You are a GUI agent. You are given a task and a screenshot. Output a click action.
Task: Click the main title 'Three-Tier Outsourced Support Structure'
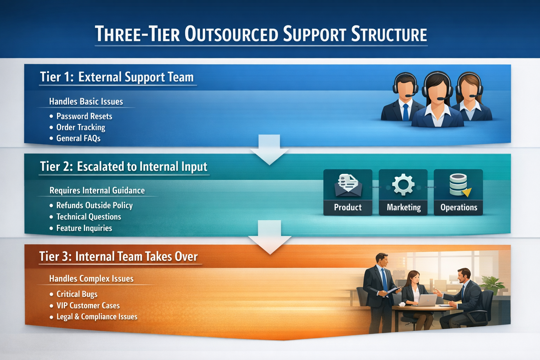(x=261, y=34)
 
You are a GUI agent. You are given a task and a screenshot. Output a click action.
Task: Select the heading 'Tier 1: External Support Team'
(x=117, y=77)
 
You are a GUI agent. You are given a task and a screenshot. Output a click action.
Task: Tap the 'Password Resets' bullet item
(x=84, y=116)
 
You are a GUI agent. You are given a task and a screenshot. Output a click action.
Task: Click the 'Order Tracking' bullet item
(x=81, y=127)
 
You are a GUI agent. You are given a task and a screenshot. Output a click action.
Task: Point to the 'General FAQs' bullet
(x=78, y=139)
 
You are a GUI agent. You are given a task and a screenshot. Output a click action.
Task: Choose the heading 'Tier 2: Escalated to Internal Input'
(x=124, y=167)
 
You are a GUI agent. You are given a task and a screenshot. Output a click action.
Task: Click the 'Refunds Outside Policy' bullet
(x=94, y=205)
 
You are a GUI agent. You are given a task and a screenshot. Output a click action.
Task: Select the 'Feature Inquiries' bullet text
(x=84, y=228)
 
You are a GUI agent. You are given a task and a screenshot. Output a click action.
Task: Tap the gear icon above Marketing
(x=403, y=185)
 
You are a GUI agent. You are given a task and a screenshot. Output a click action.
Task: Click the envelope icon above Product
(x=348, y=185)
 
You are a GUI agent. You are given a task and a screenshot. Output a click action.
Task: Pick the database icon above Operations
(x=459, y=185)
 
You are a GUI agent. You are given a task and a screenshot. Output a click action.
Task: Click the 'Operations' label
(x=458, y=207)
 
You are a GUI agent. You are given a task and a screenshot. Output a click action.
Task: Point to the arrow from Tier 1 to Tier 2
(x=269, y=149)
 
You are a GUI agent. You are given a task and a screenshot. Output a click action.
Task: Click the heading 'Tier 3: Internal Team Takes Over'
(x=118, y=257)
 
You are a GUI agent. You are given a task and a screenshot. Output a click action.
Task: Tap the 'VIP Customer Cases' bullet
(x=88, y=306)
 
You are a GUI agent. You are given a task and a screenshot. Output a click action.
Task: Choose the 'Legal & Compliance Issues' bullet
(x=97, y=317)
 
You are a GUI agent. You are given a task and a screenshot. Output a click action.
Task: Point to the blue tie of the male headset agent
(x=406, y=112)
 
